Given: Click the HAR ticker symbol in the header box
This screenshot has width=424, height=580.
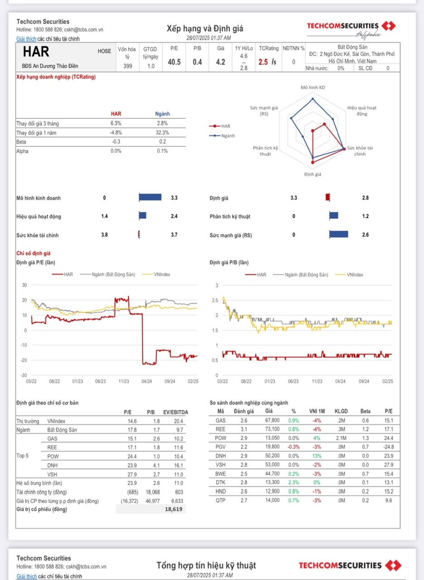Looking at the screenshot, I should coord(36,51).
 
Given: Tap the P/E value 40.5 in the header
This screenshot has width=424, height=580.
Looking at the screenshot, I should coord(174,62).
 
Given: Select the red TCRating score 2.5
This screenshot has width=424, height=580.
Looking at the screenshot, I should coord(263,62).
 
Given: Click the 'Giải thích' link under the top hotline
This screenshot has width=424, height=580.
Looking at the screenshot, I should coord(26,39).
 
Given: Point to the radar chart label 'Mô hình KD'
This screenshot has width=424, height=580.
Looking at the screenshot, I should coord(313,87).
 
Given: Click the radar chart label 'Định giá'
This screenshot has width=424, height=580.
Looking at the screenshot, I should coord(312,174).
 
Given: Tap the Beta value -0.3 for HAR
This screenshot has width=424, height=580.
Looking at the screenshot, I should coord(116,142).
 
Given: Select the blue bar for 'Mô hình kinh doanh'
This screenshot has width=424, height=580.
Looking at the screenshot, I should coord(150,197).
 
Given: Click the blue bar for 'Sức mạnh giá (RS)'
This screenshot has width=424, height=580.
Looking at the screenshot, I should coord(338,234).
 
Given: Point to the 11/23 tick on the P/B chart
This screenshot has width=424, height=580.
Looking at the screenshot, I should coord(317,382).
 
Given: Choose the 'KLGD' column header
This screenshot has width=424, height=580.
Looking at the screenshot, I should coord(340,411).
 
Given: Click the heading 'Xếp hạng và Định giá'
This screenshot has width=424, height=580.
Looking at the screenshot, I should coord(205,29).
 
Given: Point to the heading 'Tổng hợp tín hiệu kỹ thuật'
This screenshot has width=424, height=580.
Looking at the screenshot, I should coord(206,565).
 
